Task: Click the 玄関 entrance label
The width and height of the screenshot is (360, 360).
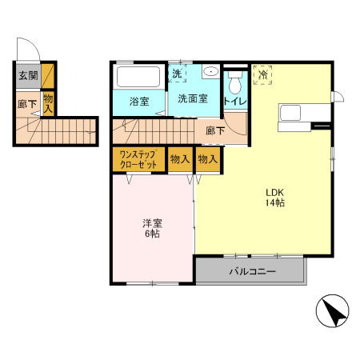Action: tap(28, 75)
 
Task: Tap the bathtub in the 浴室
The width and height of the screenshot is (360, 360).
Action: tap(138, 77)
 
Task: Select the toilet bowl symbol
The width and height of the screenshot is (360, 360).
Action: tap(235, 82)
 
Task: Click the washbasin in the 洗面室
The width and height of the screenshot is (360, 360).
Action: tap(211, 71)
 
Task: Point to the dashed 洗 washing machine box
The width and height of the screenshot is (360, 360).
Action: tap(177, 74)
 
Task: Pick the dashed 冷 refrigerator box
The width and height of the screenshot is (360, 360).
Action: tap(262, 75)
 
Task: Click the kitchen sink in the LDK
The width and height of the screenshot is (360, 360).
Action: tap(290, 113)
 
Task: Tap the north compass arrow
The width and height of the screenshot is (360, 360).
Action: tap(335, 314)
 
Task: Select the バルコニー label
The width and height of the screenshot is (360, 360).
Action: tap(252, 271)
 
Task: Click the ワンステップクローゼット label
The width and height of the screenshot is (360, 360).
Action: tap(138, 160)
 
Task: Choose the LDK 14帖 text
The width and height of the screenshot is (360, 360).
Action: tap(275, 198)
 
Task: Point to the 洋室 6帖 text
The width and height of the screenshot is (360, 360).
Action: tap(152, 228)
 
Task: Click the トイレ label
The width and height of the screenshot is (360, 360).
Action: tap(235, 101)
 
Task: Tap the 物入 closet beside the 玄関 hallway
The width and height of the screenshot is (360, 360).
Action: tap(48, 104)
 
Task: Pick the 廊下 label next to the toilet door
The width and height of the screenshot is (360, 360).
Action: tap(215, 130)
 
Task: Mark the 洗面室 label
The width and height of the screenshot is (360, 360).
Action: tap(193, 98)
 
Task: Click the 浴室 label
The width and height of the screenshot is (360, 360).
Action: tap(139, 102)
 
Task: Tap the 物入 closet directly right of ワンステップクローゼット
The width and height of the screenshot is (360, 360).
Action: tap(180, 159)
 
